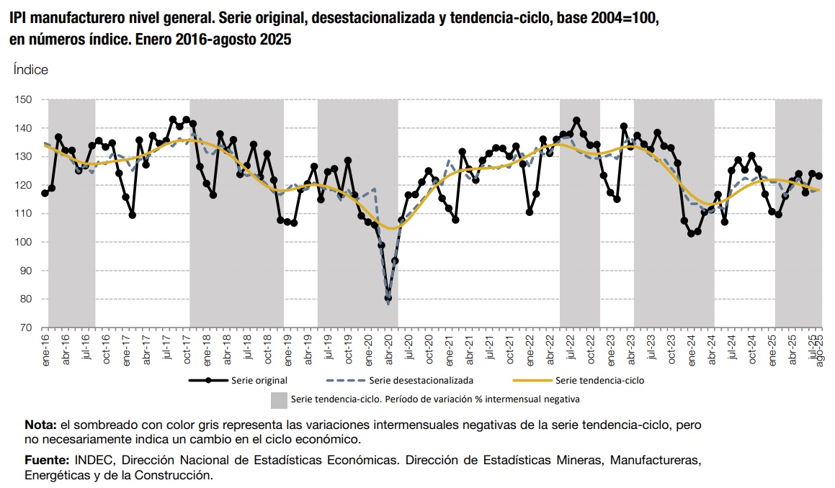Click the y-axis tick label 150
click(24, 99)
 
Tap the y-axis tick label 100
click(24, 242)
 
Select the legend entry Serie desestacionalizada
click(421, 379)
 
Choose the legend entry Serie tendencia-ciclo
click(600, 379)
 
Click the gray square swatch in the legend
click(279, 399)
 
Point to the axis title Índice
click(31, 70)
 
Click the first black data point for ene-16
click(45, 193)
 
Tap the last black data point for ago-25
click(819, 176)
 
